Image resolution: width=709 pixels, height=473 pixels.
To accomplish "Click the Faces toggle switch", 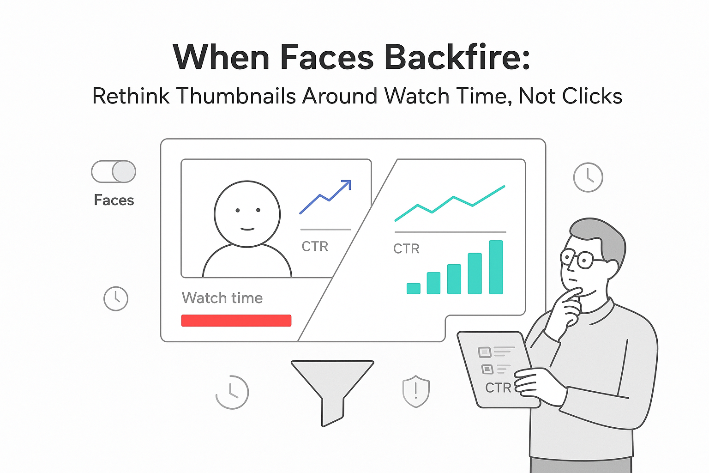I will pos(114,172).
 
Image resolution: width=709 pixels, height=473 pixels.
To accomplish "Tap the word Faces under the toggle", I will pos(114,200).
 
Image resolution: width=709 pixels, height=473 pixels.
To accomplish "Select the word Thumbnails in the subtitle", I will pos(236,97).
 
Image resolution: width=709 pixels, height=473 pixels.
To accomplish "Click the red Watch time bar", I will pos(236,321).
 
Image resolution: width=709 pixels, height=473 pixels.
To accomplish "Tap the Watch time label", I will pos(222,298).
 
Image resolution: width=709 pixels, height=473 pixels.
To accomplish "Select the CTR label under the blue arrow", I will pos(315,247).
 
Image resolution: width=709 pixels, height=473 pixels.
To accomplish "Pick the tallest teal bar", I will pos(496,267).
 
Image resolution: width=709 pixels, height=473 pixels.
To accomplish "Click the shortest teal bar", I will pos(413,288).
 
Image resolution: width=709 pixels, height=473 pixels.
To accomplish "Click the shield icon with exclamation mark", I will pos(416,391).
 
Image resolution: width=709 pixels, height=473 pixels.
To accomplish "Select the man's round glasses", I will pos(577,259).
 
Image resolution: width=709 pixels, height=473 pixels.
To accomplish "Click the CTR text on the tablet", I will pos(498,388).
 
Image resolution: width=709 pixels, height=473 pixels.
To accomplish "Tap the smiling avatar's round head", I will pos(247,214).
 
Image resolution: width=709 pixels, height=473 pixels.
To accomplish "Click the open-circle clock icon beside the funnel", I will pos(232,392).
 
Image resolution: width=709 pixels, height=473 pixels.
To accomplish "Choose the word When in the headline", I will pos(221,57).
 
